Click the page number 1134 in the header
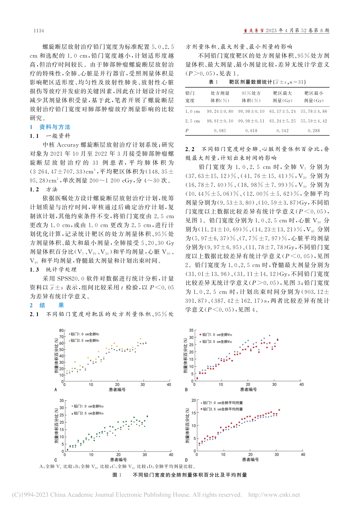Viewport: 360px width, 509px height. [x=39, y=31]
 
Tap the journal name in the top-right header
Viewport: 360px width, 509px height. [x=254, y=31]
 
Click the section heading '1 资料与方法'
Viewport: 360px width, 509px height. [x=50, y=127]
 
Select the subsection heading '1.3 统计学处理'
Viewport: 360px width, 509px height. [x=53, y=269]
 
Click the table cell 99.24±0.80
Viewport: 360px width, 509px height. [x=220, y=111]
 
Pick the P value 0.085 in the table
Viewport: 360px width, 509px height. [x=220, y=130]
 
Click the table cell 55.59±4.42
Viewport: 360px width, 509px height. [x=314, y=121]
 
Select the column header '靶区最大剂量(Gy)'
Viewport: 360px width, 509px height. [x=282, y=97]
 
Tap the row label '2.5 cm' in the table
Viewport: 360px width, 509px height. [x=193, y=121]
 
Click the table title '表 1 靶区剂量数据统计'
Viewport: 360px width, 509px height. [x=257, y=82]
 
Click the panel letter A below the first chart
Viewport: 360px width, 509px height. [x=56, y=390]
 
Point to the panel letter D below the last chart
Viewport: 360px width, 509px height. [x=186, y=460]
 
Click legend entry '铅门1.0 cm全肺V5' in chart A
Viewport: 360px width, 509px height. [x=85, y=334]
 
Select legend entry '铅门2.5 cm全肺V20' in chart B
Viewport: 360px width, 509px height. [x=216, y=342]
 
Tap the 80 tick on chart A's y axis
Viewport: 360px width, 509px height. [x=61, y=331]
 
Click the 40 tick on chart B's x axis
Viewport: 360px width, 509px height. [x=301, y=384]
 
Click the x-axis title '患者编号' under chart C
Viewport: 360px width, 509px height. [x=118, y=460]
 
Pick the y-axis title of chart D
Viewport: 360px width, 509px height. [x=187, y=426]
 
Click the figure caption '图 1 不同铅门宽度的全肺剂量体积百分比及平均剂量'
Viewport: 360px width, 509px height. [x=180, y=475]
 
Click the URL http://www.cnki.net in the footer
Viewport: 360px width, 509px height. [x=274, y=495]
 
